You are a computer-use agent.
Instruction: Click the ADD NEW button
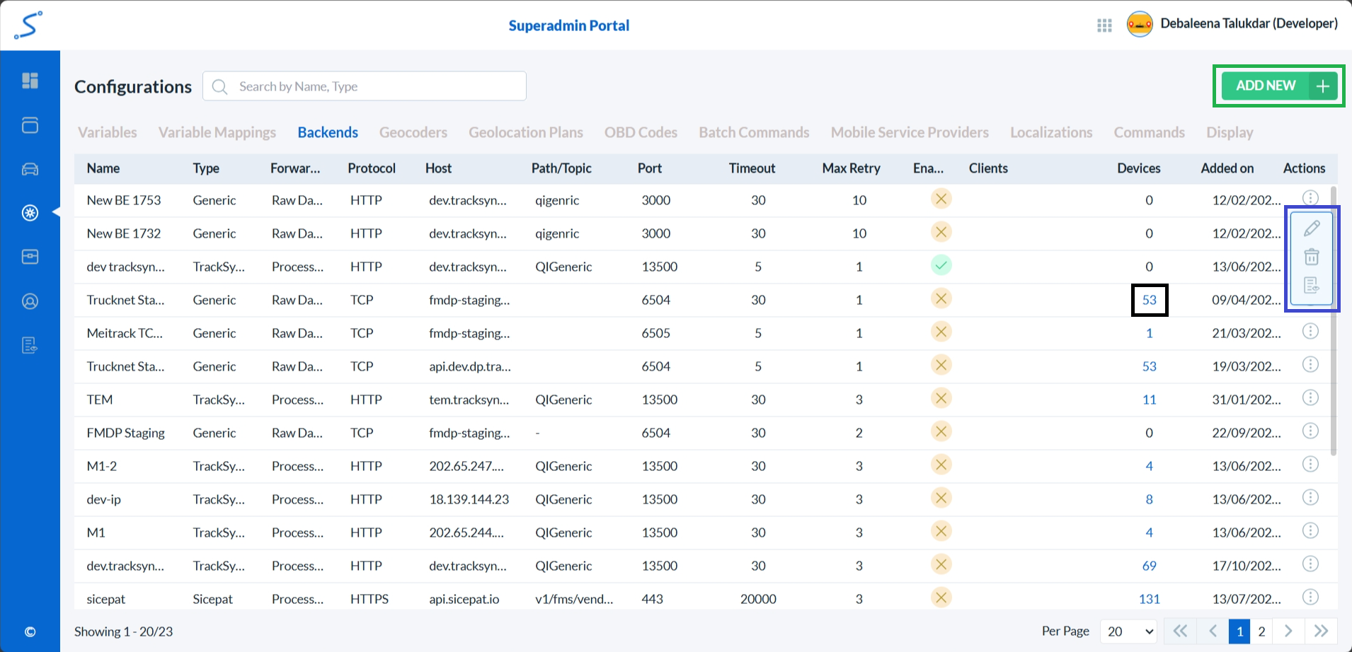point(1278,86)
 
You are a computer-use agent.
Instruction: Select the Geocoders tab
point(413,132)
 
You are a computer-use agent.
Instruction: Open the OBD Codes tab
point(641,132)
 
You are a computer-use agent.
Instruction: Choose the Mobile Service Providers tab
point(910,132)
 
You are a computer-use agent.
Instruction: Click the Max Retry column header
point(851,168)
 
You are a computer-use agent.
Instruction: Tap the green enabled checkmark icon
point(941,266)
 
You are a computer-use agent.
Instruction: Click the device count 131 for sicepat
point(1149,599)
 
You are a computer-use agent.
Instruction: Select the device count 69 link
point(1149,566)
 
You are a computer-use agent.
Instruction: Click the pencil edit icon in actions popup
point(1312,228)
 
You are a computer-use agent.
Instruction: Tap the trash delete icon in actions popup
point(1312,257)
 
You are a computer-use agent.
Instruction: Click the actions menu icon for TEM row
point(1310,398)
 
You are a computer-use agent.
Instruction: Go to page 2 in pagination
point(1261,631)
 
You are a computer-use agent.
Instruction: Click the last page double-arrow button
point(1321,631)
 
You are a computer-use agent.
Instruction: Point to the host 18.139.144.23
point(469,499)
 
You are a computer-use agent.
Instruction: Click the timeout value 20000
point(758,599)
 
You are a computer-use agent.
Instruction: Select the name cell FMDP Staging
point(125,433)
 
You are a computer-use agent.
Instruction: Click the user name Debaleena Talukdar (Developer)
point(1249,23)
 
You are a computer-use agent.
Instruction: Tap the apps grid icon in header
point(1104,25)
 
